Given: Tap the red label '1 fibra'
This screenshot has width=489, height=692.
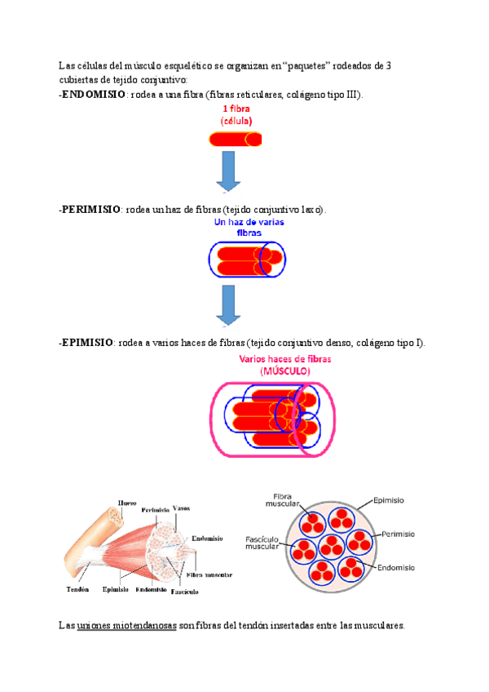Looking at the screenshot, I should pyautogui.click(x=236, y=109).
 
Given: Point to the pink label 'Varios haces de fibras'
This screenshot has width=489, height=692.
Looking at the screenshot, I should pyautogui.click(x=285, y=359).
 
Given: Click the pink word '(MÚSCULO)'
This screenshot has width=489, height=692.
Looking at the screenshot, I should pyautogui.click(x=285, y=371).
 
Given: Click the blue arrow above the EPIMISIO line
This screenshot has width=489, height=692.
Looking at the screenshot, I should pyautogui.click(x=227, y=306).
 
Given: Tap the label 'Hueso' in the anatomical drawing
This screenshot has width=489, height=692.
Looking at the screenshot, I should pyautogui.click(x=127, y=503).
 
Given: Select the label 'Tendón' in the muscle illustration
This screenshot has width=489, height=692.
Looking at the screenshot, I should pyautogui.click(x=77, y=588).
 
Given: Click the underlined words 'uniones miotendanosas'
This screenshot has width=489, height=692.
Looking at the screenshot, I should pyautogui.click(x=126, y=626).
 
